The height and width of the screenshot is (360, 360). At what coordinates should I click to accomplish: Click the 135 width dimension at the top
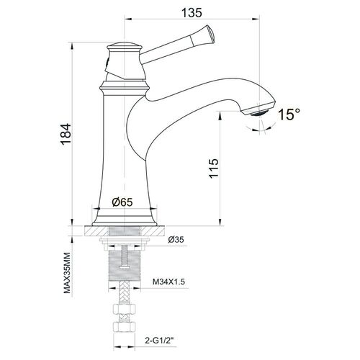pos(192,12)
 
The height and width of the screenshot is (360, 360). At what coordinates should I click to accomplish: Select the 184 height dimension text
pos(66,134)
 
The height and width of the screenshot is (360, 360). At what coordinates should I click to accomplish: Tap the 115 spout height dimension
pos(214,168)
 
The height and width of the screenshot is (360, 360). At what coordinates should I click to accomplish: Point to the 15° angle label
pos(289,114)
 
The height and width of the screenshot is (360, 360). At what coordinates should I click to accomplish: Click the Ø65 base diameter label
pos(122,202)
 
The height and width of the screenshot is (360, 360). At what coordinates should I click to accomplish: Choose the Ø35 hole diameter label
pos(176,239)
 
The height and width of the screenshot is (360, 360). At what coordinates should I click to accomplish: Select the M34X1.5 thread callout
pos(169,282)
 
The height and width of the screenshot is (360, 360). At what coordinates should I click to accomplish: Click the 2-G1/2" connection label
pos(159,341)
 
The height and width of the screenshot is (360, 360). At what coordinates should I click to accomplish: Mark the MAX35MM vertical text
pos(68,273)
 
